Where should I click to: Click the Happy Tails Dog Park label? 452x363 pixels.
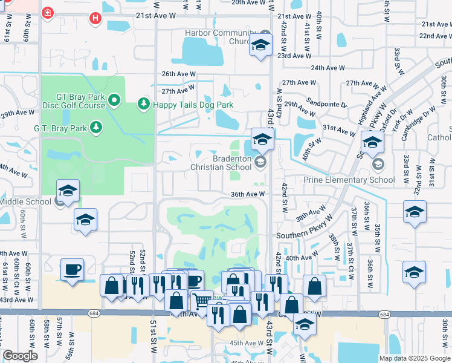click(193, 105)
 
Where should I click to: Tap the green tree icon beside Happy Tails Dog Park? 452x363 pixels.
click(144, 105)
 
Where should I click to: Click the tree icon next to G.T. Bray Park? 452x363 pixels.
click(95, 127)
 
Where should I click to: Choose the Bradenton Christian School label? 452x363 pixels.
click(220, 163)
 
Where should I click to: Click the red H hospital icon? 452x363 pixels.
click(95, 18)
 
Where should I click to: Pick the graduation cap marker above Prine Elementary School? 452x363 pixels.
click(372, 143)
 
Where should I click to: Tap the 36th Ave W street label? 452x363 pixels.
click(248, 194)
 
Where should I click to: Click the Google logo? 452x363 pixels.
click(21, 356)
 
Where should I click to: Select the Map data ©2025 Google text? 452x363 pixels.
click(414, 358)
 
